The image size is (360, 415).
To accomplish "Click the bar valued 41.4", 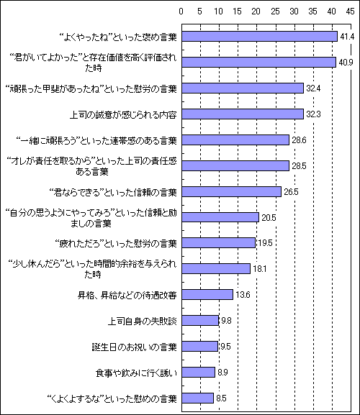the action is (x=260, y=37).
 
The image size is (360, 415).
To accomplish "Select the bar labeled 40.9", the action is (x=258, y=62).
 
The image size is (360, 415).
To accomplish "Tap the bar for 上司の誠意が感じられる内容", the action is (x=243, y=114).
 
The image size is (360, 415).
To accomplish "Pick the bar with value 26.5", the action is (x=232, y=191).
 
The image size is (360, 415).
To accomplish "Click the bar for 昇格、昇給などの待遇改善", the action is (x=207, y=295).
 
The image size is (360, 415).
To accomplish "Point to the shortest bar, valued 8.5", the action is (x=197, y=398).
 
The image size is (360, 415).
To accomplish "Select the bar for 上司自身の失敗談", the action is (x=200, y=321).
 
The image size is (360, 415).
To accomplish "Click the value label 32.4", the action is (x=313, y=88).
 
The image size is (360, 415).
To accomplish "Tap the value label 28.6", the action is (x=299, y=140).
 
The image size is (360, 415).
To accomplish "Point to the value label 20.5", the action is (x=269, y=217).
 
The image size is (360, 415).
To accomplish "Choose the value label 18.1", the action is (x=260, y=269).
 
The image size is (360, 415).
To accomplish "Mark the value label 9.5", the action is (x=225, y=347).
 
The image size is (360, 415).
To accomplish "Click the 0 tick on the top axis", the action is (x=181, y=12).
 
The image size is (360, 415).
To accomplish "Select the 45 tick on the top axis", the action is (x=350, y=12).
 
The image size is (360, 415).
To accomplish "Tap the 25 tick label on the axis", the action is (x=275, y=12).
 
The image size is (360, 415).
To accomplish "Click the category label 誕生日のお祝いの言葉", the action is (x=135, y=347).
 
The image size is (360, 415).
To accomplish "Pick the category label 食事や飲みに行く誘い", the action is (x=136, y=373).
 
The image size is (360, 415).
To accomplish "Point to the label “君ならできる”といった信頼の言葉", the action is (x=113, y=192).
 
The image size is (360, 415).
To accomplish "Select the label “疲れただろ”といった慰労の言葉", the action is (x=115, y=243).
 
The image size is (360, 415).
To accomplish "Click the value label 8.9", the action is (x=222, y=373).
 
